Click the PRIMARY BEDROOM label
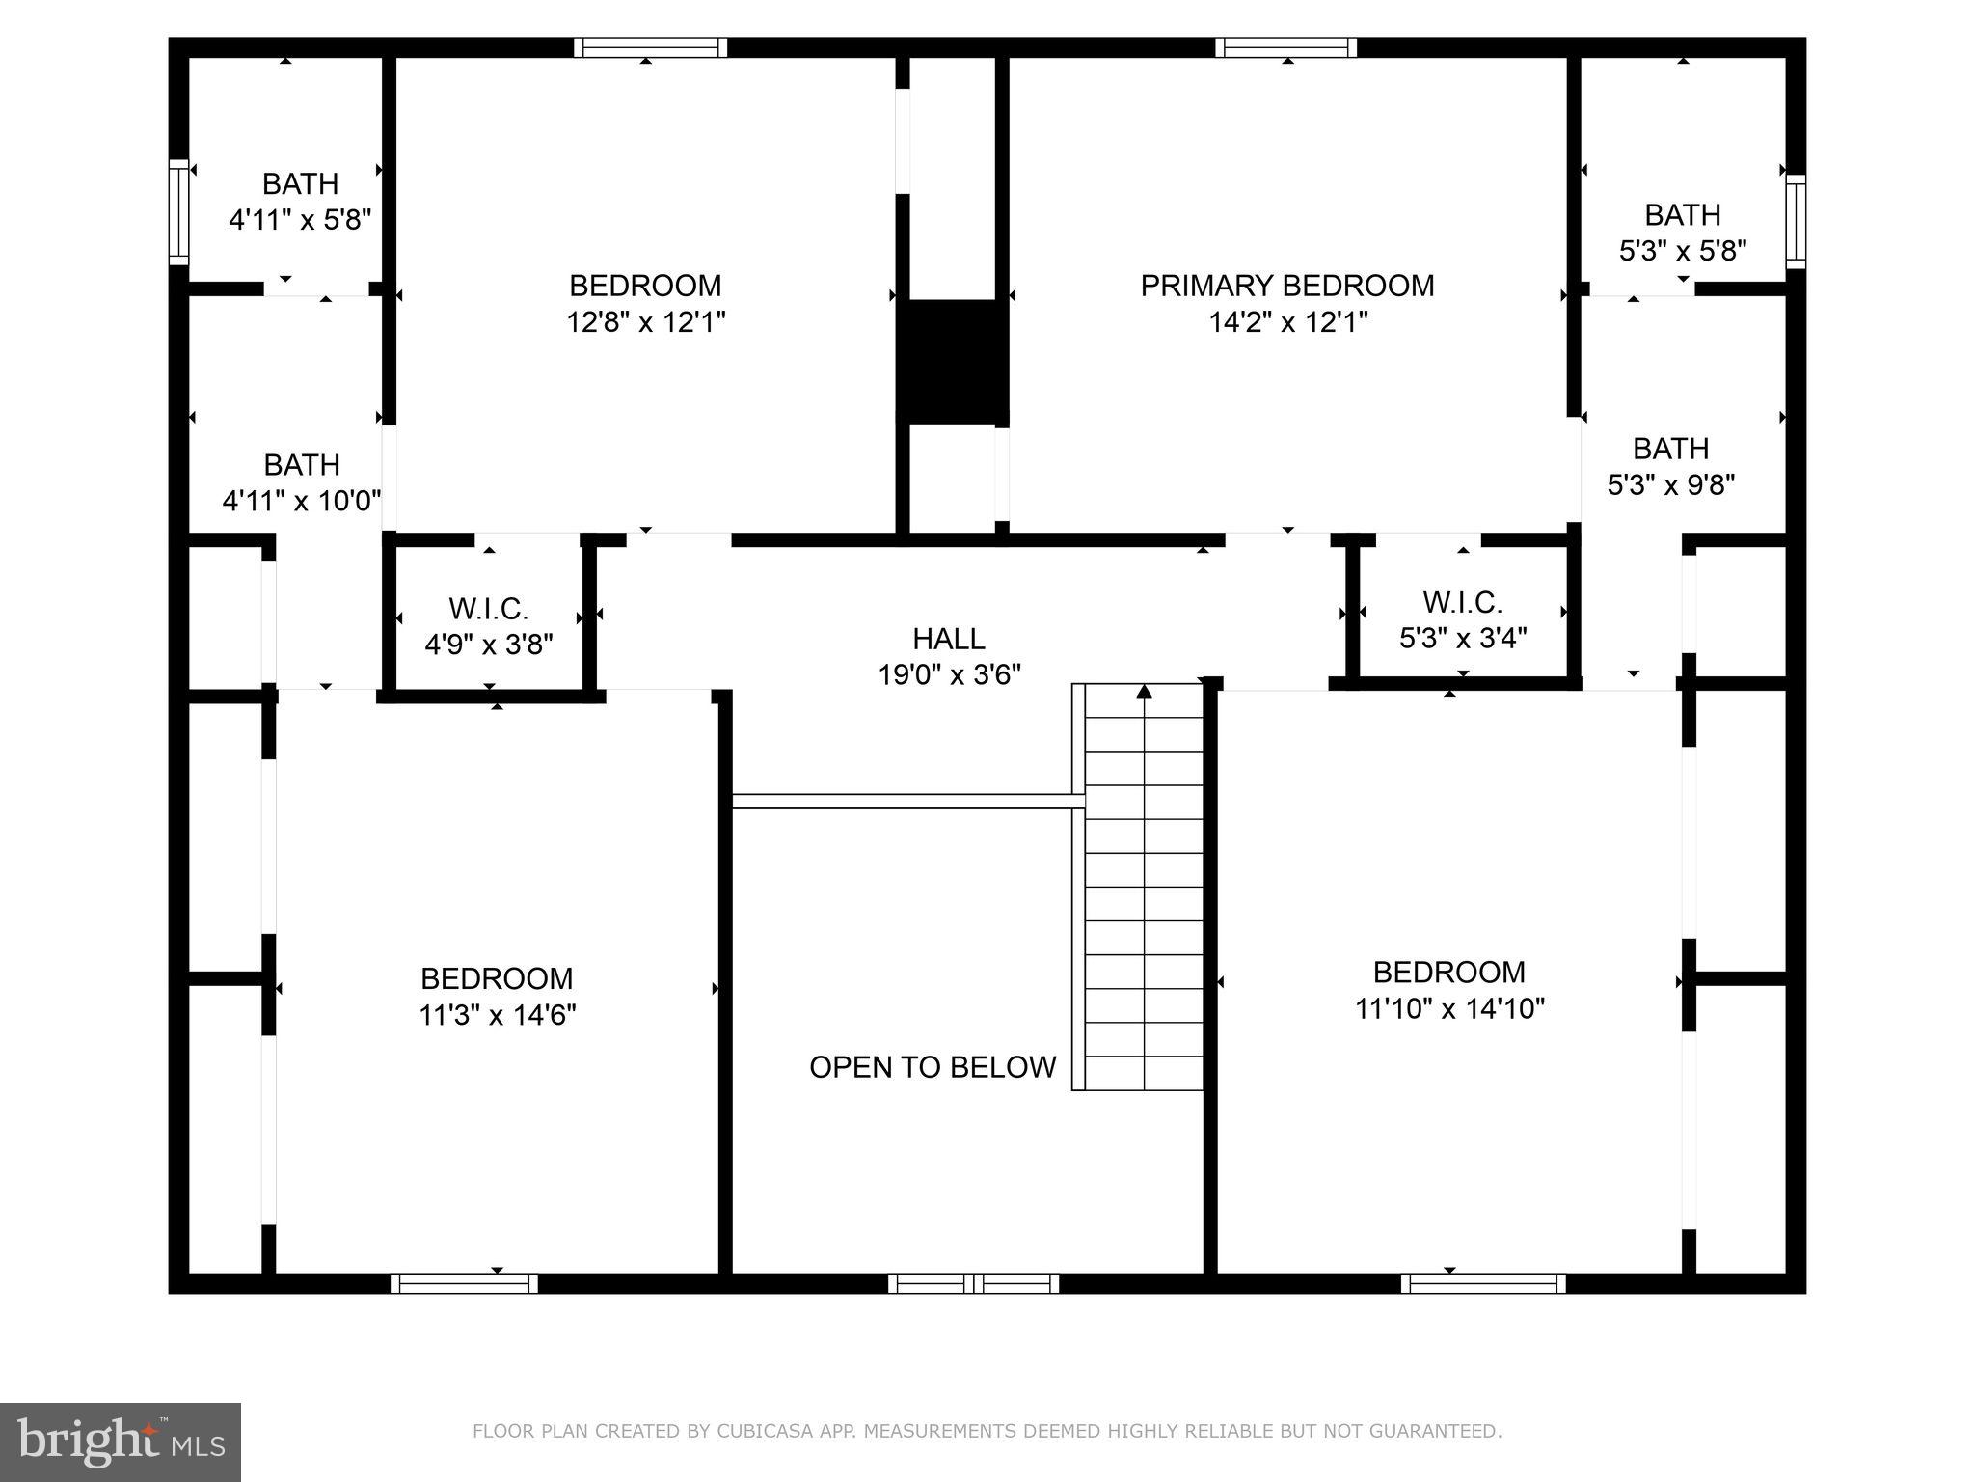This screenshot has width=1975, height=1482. tap(1286, 286)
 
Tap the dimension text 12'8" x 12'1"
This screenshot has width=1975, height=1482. tap(645, 321)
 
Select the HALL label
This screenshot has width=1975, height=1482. tap(949, 639)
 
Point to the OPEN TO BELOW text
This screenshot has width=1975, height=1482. tap(933, 1067)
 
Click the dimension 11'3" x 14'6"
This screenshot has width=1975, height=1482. tap(497, 1015)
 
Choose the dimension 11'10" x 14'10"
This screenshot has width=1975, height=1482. tap(1449, 1008)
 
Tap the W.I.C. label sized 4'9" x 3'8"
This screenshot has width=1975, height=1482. tap(488, 609)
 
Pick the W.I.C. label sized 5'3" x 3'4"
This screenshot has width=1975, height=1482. tap(1462, 602)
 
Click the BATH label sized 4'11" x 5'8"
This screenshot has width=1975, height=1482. tap(300, 183)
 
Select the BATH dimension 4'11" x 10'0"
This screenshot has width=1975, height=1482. tap(302, 501)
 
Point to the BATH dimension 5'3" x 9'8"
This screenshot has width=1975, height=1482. tap(1670, 484)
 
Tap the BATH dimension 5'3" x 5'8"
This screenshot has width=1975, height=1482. tap(1682, 251)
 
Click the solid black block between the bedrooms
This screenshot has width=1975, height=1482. tap(952, 361)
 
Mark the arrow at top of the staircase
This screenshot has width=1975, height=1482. tap(1144, 691)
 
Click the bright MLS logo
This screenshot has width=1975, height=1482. tap(121, 1441)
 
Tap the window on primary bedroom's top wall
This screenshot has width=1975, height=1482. tap(1285, 47)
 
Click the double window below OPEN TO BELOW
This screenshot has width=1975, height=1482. tap(973, 1283)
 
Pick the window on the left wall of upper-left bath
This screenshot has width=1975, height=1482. tap(178, 211)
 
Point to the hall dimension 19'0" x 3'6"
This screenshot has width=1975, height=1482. tap(949, 674)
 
